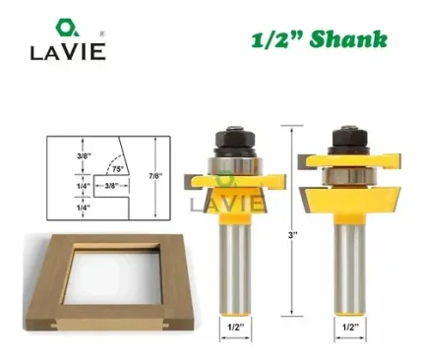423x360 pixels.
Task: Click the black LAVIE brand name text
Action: pyautogui.click(x=68, y=52)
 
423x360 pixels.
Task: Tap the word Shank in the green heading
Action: pyautogui.click(x=348, y=39)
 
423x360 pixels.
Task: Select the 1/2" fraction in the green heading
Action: pyautogui.click(x=277, y=39)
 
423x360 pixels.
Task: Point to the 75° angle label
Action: pyautogui.click(x=118, y=169)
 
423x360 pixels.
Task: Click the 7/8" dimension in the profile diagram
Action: pyautogui.click(x=155, y=176)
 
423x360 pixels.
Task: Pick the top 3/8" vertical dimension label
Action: pyautogui.click(x=84, y=155)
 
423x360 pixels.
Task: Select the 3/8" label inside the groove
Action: pyautogui.click(x=111, y=186)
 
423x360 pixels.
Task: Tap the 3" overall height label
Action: pyautogui.click(x=292, y=235)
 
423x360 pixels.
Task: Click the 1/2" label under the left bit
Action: pyautogui.click(x=235, y=327)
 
